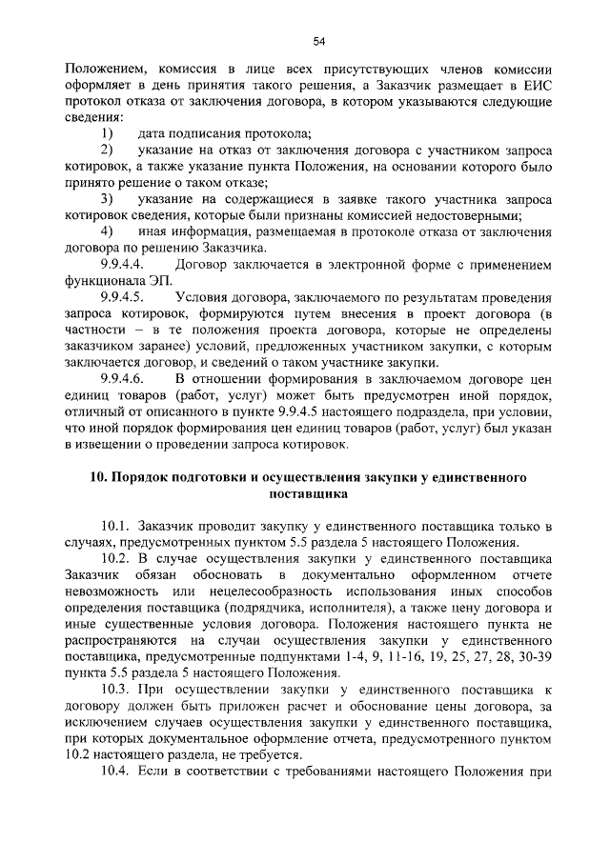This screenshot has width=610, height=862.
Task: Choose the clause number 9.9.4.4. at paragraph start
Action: [122, 264]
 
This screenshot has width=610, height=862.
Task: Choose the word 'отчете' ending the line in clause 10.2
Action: [531, 576]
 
